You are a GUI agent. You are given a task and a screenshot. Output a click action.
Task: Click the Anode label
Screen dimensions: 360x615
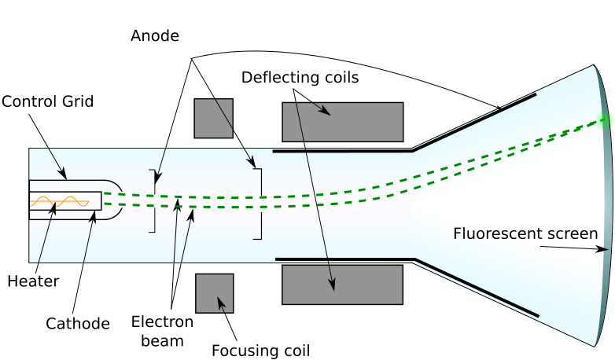coord(155,36)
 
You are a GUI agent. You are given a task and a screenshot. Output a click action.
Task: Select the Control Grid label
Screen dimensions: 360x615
coord(48,101)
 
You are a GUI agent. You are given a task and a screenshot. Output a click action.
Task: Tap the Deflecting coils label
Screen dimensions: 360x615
coord(300,78)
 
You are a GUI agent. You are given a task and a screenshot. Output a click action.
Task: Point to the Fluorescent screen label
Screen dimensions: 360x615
coord(525,233)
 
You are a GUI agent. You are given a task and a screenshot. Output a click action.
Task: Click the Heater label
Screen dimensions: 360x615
coord(33,281)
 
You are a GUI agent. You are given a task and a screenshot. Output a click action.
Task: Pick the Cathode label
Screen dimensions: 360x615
coord(78,323)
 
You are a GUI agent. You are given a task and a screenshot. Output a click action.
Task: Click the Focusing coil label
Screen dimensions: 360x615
coord(261,350)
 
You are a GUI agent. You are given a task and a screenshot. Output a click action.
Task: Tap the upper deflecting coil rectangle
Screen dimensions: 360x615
coord(342,122)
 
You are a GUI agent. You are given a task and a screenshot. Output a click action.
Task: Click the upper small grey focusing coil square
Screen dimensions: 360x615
coord(214,118)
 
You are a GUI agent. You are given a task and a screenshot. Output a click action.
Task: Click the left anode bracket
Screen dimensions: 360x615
coord(153,201)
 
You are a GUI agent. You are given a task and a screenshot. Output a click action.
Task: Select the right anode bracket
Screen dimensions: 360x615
coord(258,203)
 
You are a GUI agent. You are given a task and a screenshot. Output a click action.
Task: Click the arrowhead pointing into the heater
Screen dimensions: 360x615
coord(54,209)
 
